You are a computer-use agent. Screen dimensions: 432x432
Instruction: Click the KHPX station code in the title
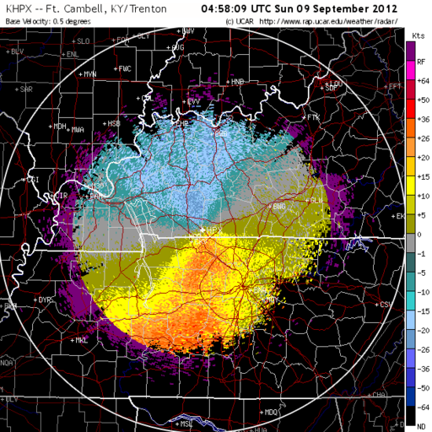click(x=17, y=8)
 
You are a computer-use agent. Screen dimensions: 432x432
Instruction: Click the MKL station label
click(x=81, y=341)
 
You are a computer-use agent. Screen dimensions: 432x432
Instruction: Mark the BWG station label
click(x=279, y=206)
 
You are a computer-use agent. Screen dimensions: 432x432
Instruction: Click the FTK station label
click(x=314, y=116)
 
